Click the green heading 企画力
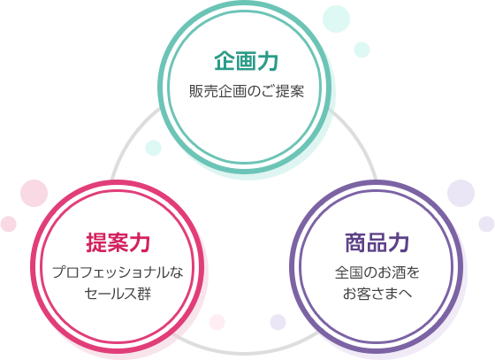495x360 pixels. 247,61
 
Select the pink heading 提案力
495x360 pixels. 118,242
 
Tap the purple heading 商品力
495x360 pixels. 377,242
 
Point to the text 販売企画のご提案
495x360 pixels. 247,92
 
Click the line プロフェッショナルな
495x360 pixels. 118,272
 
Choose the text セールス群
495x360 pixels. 118,294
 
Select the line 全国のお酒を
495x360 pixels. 377,272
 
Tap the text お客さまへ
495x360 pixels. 377,294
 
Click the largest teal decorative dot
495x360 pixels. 336,19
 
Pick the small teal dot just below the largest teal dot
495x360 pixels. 362,50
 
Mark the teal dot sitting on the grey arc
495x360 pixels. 153,148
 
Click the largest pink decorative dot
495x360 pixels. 34,193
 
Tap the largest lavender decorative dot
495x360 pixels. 461,193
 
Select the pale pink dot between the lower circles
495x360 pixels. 217,322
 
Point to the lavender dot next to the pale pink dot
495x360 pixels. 278,322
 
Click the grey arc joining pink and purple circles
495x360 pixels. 245,352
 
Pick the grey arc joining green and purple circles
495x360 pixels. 358,139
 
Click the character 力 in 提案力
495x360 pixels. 140,242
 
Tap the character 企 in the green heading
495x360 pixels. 225,61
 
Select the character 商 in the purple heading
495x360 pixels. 355,242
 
